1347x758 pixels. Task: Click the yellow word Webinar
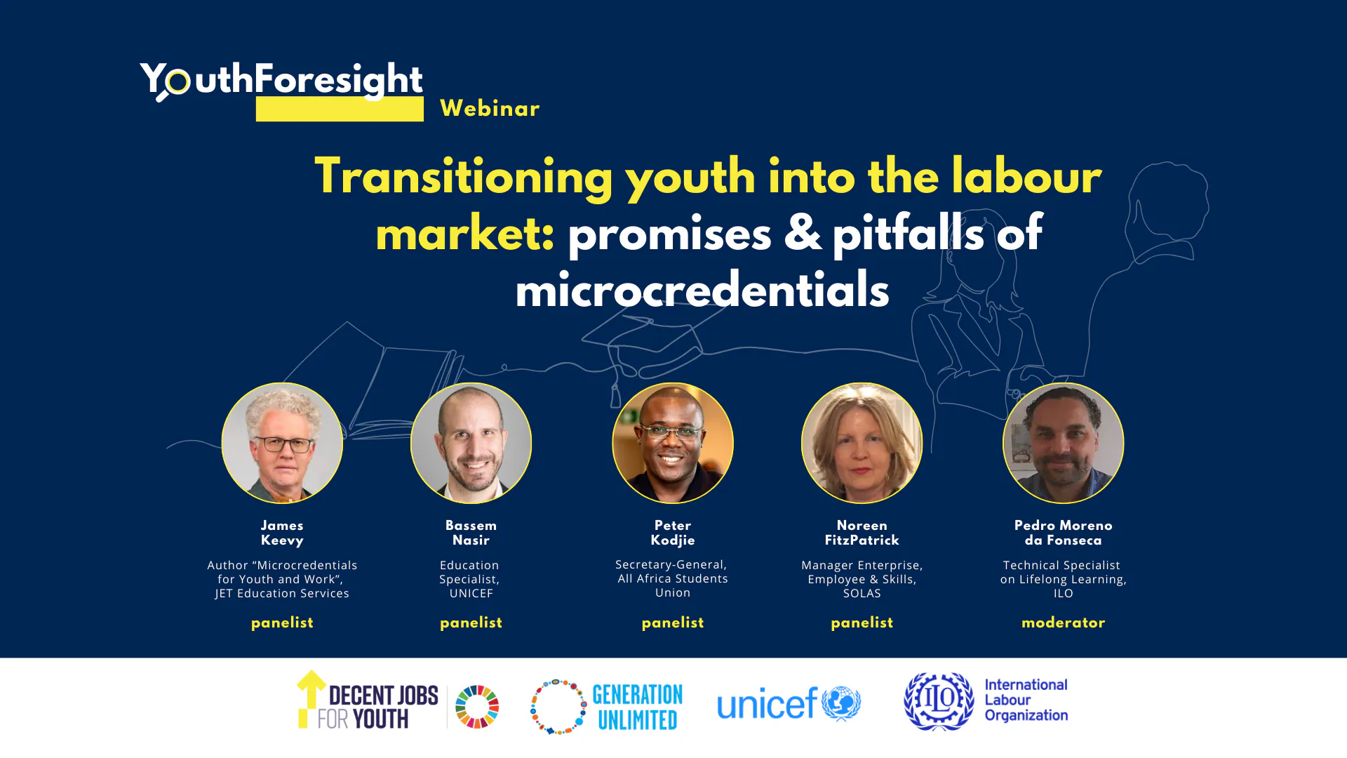pyautogui.click(x=490, y=108)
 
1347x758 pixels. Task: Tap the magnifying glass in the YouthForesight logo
pyautogui.click(x=174, y=84)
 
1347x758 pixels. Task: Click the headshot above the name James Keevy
pyautogui.click(x=282, y=443)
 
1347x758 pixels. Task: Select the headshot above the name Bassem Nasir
pyautogui.click(x=471, y=443)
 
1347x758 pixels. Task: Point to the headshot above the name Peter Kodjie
pyautogui.click(x=673, y=443)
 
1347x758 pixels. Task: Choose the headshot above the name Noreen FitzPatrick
pyautogui.click(x=862, y=443)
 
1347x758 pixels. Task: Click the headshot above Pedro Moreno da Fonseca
pyautogui.click(x=1063, y=443)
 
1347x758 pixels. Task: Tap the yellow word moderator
pyautogui.click(x=1063, y=623)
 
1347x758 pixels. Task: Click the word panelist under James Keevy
pyautogui.click(x=282, y=623)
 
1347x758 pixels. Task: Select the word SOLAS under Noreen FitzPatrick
pyautogui.click(x=862, y=593)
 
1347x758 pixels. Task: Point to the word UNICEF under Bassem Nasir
pyautogui.click(x=471, y=593)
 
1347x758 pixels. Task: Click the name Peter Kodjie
pyautogui.click(x=673, y=533)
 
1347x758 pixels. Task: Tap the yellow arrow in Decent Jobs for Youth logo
pyautogui.click(x=309, y=698)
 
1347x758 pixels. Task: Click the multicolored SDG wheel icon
pyautogui.click(x=477, y=706)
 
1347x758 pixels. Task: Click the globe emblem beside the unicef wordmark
pyautogui.click(x=841, y=703)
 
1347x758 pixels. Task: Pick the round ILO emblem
pyautogui.click(x=939, y=701)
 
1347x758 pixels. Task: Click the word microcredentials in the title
pyautogui.click(x=702, y=290)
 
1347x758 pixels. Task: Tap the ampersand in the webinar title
pyautogui.click(x=803, y=233)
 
